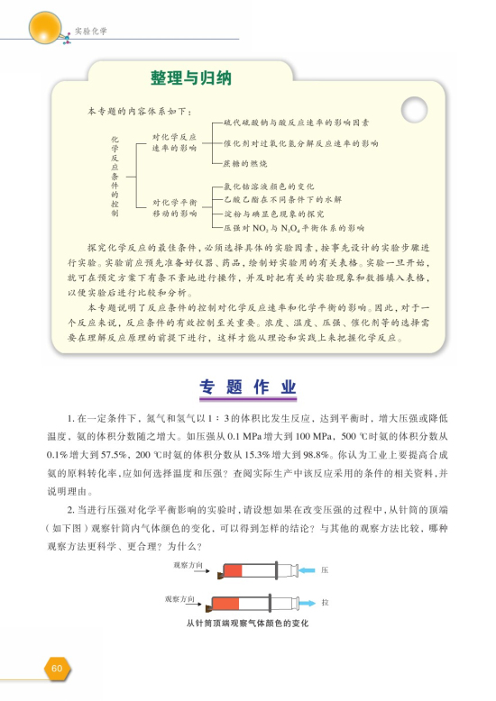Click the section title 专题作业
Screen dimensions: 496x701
(x=247, y=388)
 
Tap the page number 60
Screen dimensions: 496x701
(x=56, y=668)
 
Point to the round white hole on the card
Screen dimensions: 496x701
(x=415, y=111)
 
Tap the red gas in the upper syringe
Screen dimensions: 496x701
(x=233, y=570)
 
